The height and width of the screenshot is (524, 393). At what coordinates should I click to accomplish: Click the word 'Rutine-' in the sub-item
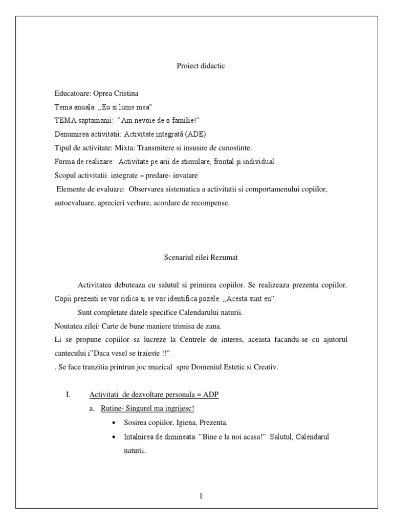(x=112, y=409)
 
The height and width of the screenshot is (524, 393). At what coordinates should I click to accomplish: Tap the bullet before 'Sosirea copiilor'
(x=112, y=423)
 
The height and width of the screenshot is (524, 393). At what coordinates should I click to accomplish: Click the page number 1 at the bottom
(x=201, y=496)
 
